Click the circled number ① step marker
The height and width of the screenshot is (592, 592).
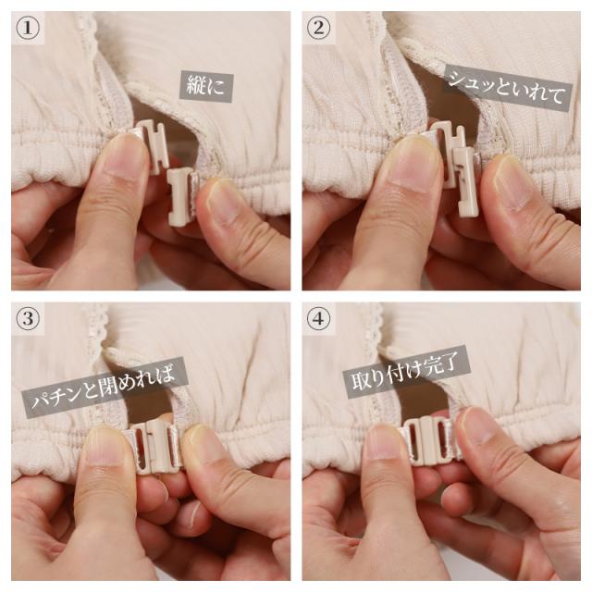pyautogui.click(x=29, y=29)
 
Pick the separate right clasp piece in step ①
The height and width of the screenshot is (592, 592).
pyautogui.click(x=182, y=193)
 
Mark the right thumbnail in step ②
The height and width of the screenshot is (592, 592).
pyautogui.click(x=512, y=180)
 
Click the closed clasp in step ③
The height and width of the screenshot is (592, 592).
pyautogui.click(x=158, y=444)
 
